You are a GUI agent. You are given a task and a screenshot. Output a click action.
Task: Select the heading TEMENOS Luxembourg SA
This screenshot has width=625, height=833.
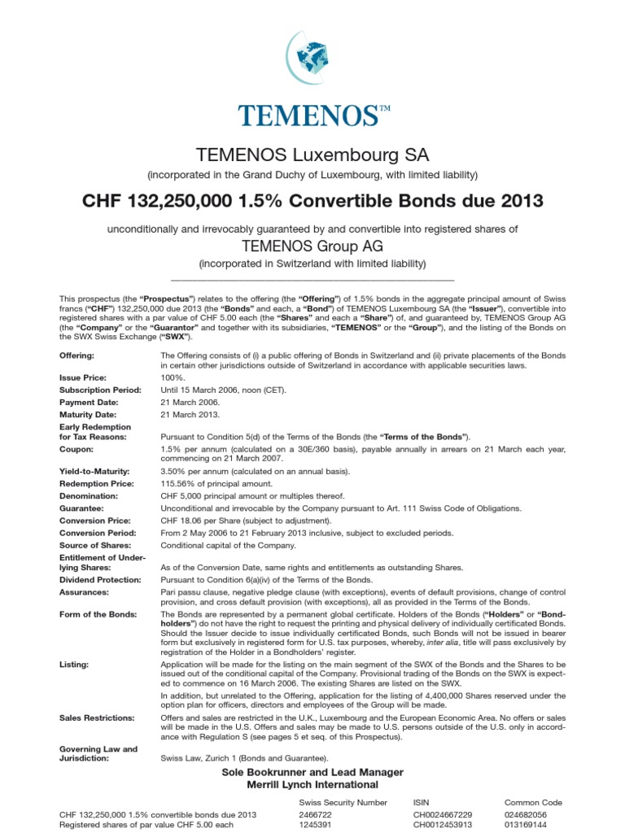point(312,155)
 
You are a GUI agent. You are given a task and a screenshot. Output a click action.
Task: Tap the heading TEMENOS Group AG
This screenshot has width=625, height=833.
point(312,246)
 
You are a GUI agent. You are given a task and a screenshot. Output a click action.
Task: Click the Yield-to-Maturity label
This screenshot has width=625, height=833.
point(94,472)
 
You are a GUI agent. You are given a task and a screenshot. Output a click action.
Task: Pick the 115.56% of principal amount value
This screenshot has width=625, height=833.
point(213,483)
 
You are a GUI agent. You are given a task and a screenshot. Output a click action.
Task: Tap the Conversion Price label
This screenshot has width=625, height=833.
point(94,519)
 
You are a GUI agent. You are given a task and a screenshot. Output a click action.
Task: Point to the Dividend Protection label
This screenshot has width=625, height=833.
point(100,579)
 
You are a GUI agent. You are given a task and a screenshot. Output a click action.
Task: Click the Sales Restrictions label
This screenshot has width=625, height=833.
point(95,718)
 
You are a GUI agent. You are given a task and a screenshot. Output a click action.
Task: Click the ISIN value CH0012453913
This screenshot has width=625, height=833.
point(442,825)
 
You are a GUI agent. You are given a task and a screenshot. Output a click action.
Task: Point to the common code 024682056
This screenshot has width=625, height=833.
point(527,813)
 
